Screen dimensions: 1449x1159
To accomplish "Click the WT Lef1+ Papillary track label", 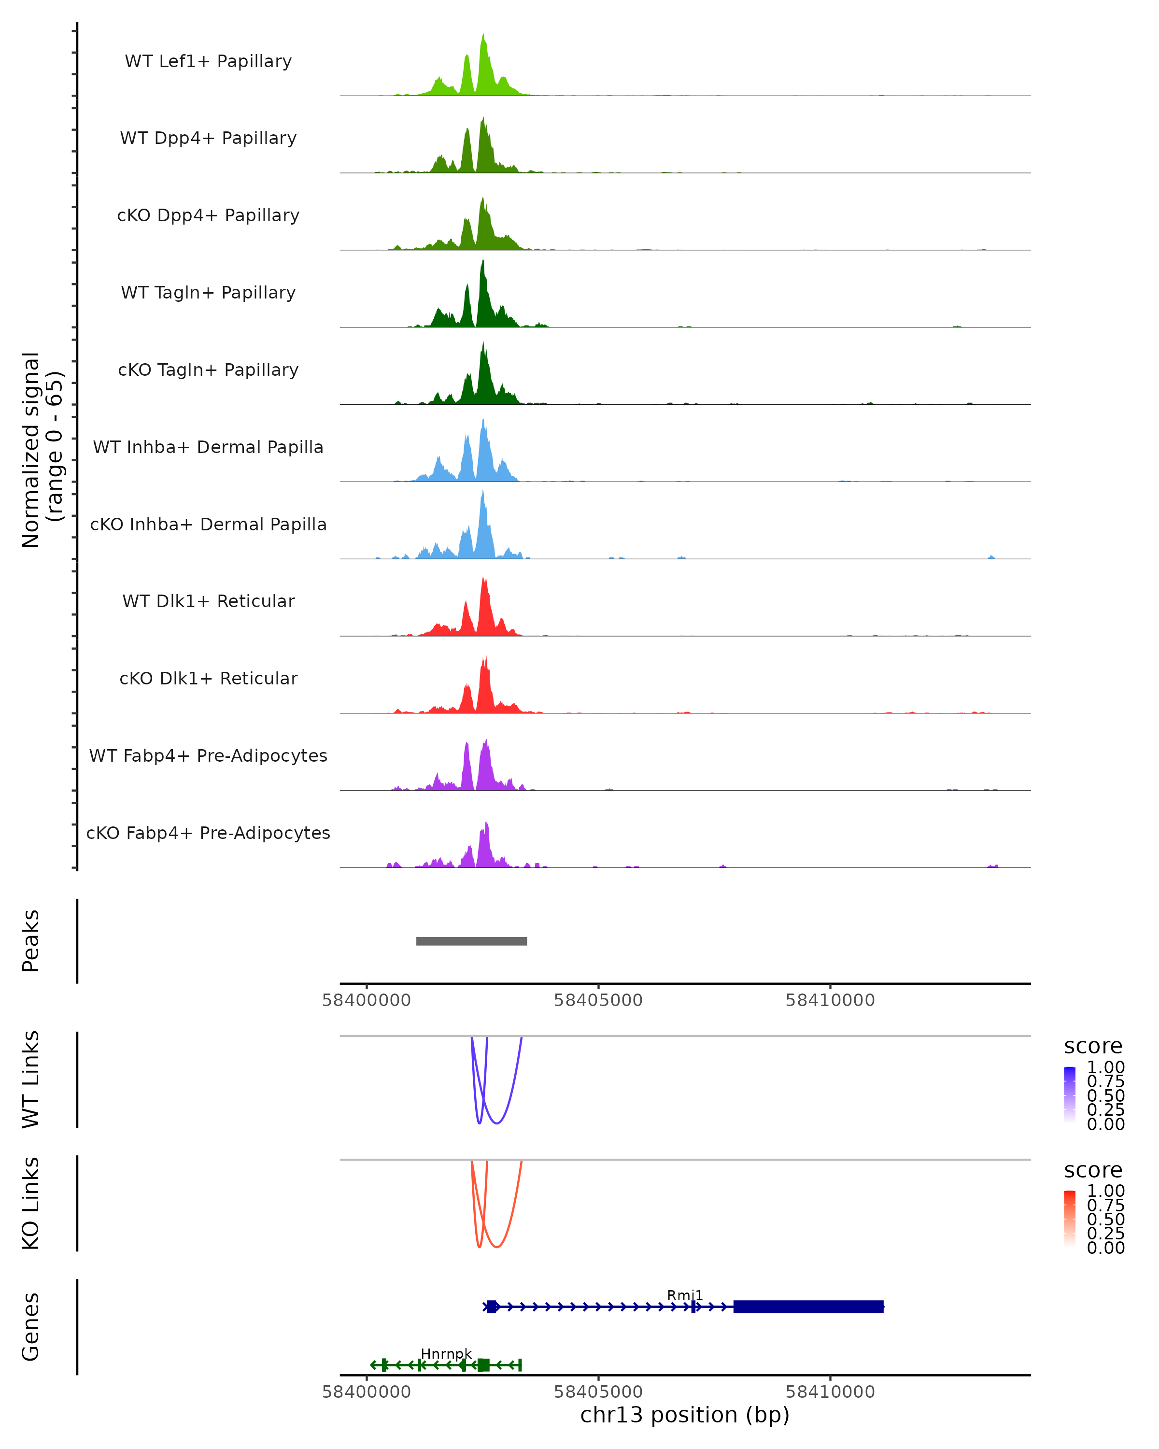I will click(208, 61).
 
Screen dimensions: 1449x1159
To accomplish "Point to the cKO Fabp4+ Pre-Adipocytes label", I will click(208, 833).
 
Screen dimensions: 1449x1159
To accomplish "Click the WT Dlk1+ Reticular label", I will click(208, 601).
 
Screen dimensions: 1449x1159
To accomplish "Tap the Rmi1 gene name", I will click(685, 1295).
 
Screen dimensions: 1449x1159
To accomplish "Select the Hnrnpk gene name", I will click(446, 1353).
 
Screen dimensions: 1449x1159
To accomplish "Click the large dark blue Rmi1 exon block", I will click(808, 1307).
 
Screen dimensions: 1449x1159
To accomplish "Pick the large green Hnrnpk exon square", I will click(483, 1364).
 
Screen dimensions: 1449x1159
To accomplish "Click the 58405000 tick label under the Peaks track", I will click(598, 1000).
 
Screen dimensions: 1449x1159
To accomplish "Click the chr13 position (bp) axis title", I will click(685, 1415).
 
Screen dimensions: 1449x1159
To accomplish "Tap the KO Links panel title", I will click(31, 1203).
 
